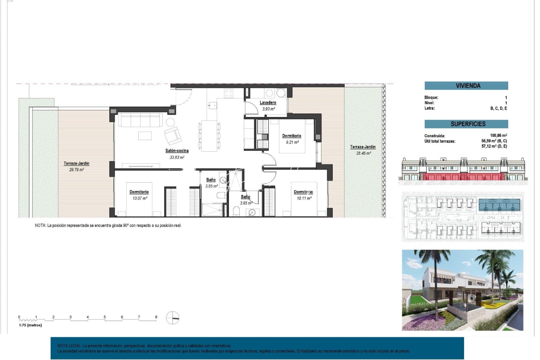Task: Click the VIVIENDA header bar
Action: coord(466,86)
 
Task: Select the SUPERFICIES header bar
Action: coord(466,124)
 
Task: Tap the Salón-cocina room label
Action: coord(177,151)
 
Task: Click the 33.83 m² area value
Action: coord(177,157)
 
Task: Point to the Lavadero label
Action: coord(268,103)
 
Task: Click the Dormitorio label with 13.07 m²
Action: coord(139,192)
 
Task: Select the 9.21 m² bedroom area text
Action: coord(292,142)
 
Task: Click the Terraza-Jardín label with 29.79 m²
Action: coord(76,163)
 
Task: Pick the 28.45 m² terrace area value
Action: coord(363,153)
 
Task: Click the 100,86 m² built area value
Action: coord(498,135)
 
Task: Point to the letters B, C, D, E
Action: coord(498,108)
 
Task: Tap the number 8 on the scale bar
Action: coord(156,317)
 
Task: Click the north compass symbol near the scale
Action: coord(172,318)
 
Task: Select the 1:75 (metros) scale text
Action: coord(30,325)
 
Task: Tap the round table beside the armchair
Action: coord(170,122)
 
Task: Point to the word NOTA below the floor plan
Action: coord(40,226)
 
